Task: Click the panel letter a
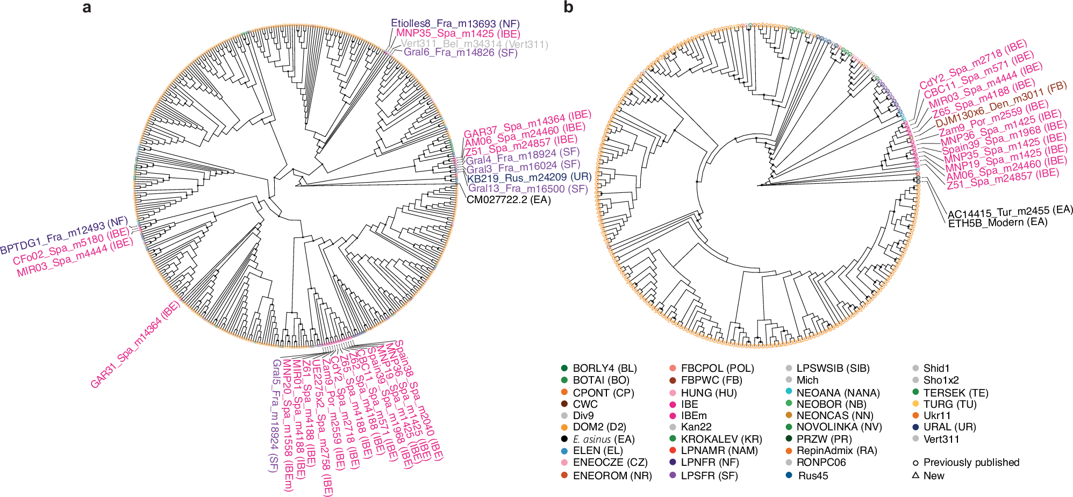pos(87,8)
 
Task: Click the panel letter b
pos(568,8)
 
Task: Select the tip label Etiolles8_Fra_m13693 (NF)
pos(455,24)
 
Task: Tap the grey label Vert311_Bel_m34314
pos(474,44)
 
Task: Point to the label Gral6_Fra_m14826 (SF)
pos(460,52)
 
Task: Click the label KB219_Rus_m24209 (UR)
pos(528,177)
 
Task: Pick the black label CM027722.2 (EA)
pos(509,200)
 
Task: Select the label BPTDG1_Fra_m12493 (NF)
pos(64,236)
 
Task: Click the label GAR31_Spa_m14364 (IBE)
pos(135,344)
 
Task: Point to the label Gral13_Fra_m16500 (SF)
pos(528,189)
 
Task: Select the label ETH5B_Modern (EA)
pos(998,222)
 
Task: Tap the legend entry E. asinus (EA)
pos(603,439)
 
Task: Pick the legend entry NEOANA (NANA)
pos(838,393)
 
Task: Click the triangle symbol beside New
pos(915,476)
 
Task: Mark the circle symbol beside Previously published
pos(915,463)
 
